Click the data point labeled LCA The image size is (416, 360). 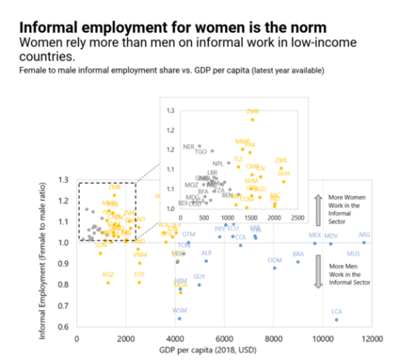(x=337, y=319)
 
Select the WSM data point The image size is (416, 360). (x=179, y=318)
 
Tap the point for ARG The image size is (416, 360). (x=364, y=242)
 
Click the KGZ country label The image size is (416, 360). (x=108, y=274)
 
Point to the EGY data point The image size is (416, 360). (x=139, y=282)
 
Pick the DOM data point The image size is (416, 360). (x=274, y=268)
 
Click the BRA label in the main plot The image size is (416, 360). (x=298, y=254)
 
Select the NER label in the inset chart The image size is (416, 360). (x=188, y=146)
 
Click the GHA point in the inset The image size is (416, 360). (x=284, y=182)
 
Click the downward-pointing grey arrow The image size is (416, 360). (x=318, y=274)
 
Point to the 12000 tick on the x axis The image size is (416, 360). (x=371, y=337)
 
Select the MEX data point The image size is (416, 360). (x=315, y=243)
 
